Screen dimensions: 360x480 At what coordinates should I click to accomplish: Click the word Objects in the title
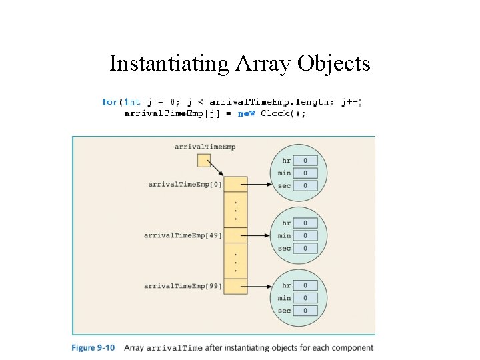334,63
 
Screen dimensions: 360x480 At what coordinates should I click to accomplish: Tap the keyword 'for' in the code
110,102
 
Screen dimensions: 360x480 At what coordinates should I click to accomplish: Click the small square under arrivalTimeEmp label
204,161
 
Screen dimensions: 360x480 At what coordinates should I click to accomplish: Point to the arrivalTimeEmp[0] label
185,184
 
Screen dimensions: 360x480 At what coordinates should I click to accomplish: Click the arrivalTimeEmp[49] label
183,235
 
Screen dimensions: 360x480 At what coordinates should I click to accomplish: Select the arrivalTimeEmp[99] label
183,286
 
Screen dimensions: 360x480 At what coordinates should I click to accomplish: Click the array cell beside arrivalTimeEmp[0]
235,184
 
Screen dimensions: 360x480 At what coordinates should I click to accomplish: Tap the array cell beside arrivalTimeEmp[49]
235,235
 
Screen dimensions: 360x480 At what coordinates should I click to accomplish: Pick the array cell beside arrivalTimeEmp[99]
235,286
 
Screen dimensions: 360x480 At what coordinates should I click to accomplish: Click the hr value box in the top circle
305,161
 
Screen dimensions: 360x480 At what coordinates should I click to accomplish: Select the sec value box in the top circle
305,186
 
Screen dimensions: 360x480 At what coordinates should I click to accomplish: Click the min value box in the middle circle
305,235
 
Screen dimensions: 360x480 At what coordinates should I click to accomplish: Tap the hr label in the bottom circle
286,285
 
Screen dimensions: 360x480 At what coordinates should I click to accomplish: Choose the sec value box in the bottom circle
305,311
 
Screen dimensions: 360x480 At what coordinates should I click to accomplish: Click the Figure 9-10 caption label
93,347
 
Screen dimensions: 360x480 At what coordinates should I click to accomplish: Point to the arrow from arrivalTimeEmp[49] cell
257,235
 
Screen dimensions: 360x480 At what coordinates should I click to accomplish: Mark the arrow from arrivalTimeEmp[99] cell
257,286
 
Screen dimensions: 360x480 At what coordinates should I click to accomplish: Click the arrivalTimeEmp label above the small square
205,146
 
